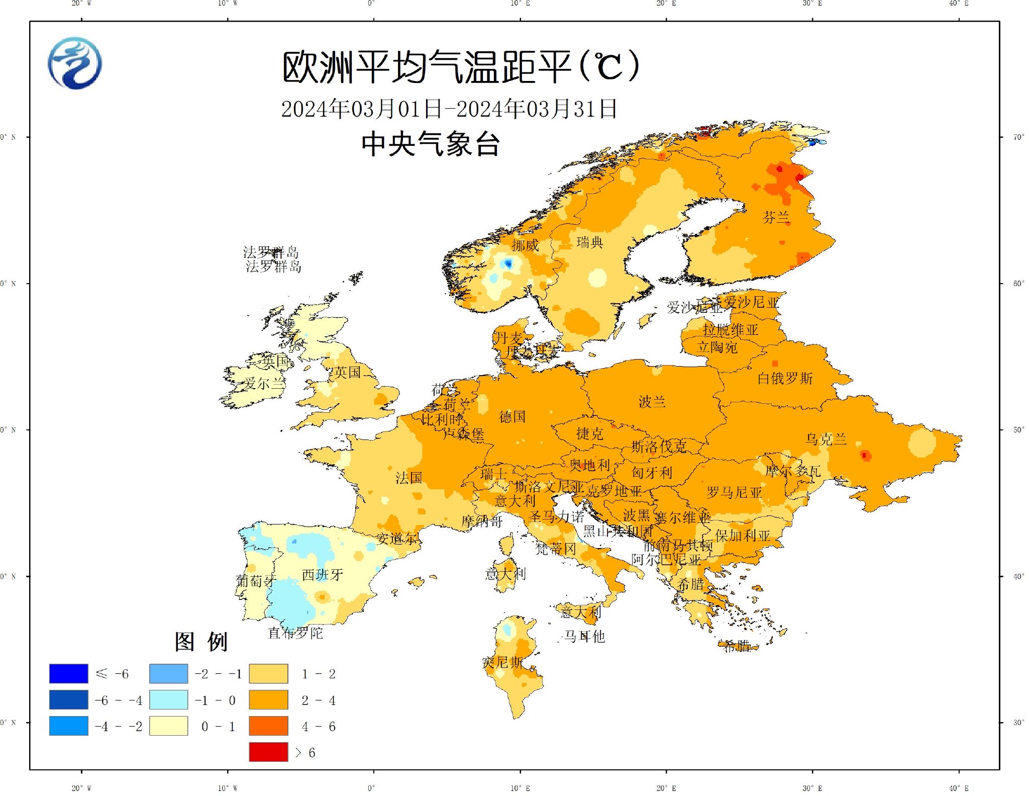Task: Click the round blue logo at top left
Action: (x=75, y=63)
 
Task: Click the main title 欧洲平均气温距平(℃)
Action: (x=460, y=67)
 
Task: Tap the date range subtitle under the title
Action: (x=449, y=109)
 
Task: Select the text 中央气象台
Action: (x=430, y=144)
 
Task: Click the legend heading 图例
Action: (x=201, y=642)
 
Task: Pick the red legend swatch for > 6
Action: (x=268, y=752)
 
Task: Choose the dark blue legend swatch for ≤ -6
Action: (x=68, y=674)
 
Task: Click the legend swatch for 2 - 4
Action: (x=268, y=700)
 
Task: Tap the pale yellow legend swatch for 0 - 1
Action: (x=168, y=726)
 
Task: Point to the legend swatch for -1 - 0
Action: (x=168, y=700)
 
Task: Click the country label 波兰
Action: (x=652, y=402)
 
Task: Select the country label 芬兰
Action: (x=776, y=217)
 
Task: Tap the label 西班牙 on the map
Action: (x=323, y=575)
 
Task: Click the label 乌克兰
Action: (x=826, y=439)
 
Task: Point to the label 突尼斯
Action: (x=502, y=662)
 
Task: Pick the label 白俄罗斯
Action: (x=785, y=378)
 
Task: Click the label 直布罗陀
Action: (x=295, y=633)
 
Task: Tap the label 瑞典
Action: (x=590, y=242)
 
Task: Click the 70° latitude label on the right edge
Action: (x=1018, y=137)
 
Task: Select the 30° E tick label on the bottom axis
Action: (x=812, y=788)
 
